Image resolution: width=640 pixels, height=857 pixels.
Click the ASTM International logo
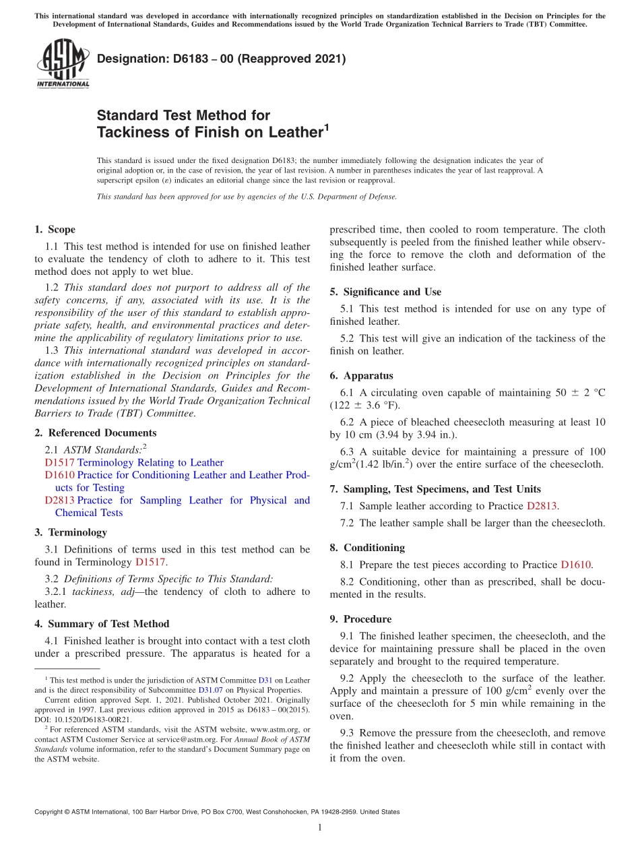point(62,65)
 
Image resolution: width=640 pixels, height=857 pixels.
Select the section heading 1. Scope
point(55,230)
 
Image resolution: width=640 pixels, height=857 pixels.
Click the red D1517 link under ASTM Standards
point(59,463)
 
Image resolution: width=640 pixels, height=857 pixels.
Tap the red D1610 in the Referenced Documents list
point(59,475)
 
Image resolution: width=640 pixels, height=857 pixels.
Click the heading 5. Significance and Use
point(385,292)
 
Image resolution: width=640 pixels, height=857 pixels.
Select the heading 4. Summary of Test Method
point(102,624)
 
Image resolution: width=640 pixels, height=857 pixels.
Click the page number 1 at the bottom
point(319,828)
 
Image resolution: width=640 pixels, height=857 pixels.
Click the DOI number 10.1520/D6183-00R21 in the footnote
point(94,719)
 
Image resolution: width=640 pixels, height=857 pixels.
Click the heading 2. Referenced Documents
point(96,433)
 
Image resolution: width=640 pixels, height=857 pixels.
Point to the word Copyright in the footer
point(51,812)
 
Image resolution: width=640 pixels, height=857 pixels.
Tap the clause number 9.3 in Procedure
point(350,733)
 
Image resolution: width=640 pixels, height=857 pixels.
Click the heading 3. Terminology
point(71,532)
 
